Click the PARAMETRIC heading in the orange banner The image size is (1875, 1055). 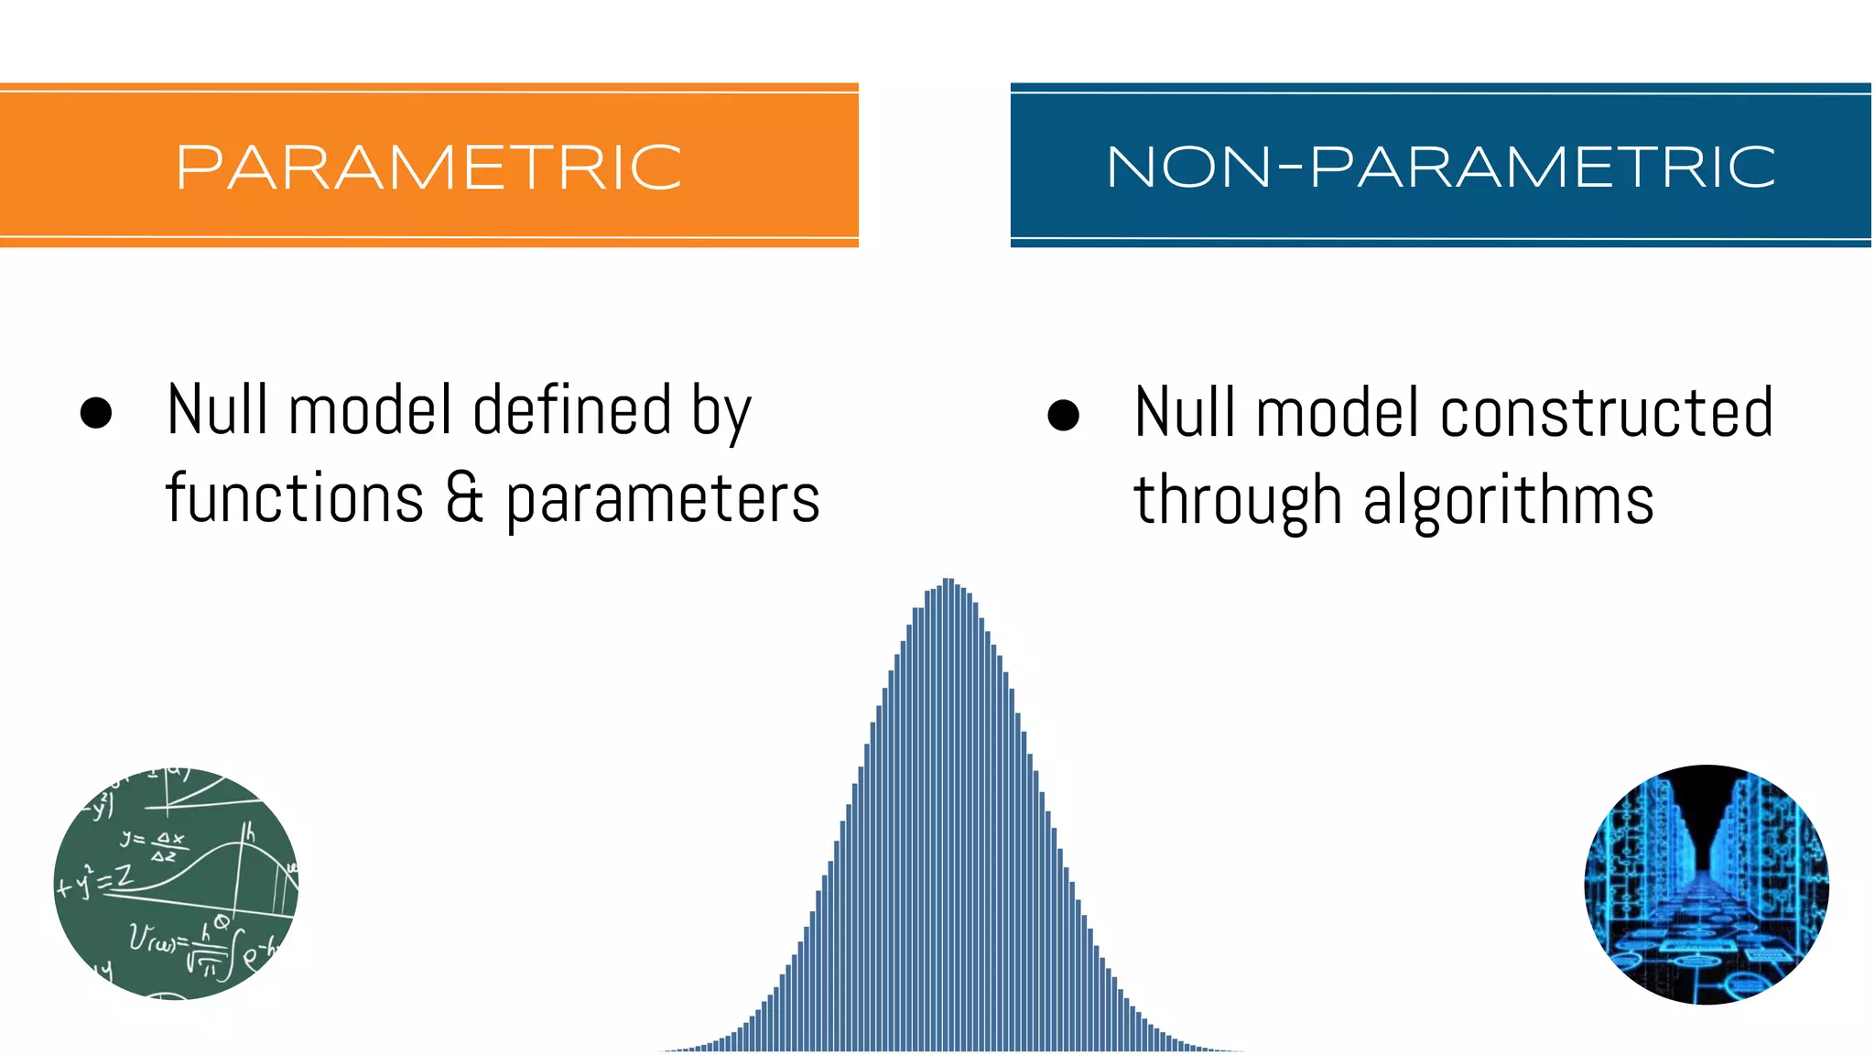click(428, 168)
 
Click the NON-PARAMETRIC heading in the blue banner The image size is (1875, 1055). click(1440, 168)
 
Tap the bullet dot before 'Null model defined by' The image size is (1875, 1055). click(96, 413)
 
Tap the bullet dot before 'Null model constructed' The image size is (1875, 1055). click(1063, 415)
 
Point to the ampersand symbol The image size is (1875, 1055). click(465, 499)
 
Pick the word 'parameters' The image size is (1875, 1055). click(663, 501)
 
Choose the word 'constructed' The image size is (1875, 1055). click(1607, 412)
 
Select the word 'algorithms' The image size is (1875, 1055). click(1508, 502)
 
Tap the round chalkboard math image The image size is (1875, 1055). click(176, 884)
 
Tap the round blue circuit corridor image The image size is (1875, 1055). click(1707, 884)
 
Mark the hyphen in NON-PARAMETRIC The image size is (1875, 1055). click(1289, 168)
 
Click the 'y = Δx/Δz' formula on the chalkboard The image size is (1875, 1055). click(154, 845)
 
